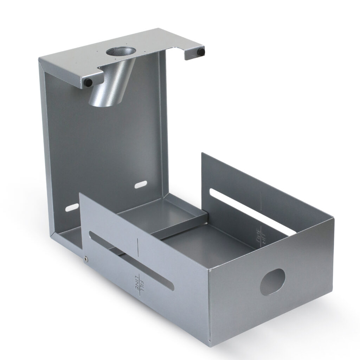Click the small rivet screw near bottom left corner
[x=86, y=259]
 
